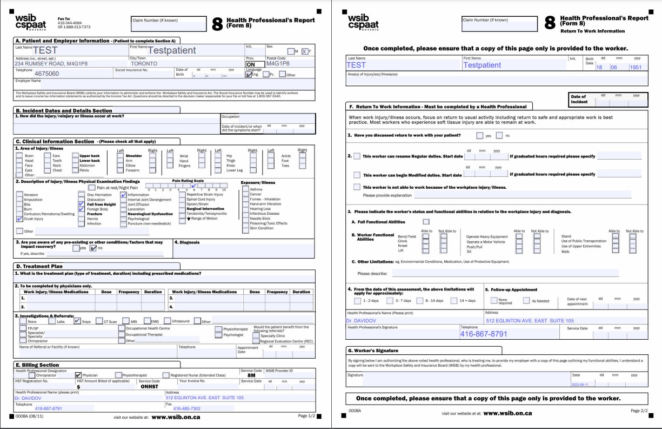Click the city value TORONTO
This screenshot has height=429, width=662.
pos(144,63)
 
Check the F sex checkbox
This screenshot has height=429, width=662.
pos(304,51)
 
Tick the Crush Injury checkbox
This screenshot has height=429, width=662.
pos(19,219)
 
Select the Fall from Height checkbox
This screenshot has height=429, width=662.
pos(82,204)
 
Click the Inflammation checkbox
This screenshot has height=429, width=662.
pos(124,195)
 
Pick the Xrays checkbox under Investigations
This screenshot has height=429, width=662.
pos(77,321)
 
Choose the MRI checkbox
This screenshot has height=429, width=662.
pos(125,321)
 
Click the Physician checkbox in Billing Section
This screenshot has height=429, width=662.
pos(78,375)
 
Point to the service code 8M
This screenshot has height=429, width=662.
pos(251,375)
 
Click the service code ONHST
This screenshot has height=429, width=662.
pos(149,387)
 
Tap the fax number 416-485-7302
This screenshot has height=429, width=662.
pos(186,408)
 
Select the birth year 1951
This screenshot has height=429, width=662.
pos(636,68)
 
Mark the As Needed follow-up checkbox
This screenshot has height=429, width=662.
pos(526,301)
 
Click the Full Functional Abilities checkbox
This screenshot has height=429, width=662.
pos(426,221)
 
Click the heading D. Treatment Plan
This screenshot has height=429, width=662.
pos(39,266)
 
